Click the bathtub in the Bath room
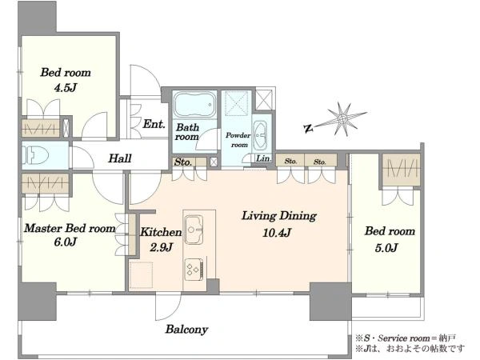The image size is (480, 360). point(194,104)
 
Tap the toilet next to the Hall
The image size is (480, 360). point(36,155)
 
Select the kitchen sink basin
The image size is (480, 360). point(193,230)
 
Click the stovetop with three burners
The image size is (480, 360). point(194,269)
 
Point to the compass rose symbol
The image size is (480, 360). point(342,118)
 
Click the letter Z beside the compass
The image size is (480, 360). point(308,128)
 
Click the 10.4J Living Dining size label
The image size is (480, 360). point(277,233)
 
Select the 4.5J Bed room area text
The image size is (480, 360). point(65,88)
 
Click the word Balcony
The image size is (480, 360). point(186,330)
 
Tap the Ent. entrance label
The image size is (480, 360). point(154,124)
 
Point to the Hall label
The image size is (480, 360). point(120,158)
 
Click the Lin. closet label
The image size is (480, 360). point(263,158)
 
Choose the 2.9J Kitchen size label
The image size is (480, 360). point(162,247)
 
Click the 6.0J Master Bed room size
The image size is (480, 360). point(65,242)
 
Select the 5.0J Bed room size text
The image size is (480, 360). point(386,248)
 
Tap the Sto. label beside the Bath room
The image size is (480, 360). point(182,162)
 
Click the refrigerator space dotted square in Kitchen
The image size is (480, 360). point(141,275)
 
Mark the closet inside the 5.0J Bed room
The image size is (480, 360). point(401,170)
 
